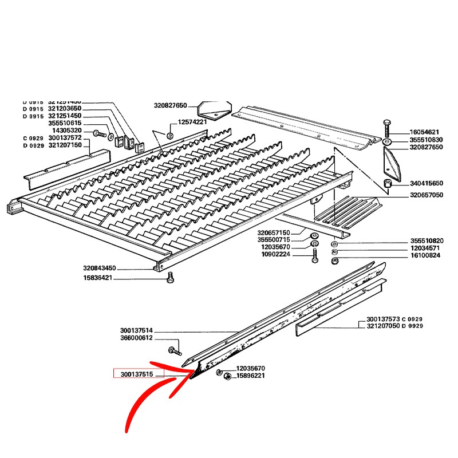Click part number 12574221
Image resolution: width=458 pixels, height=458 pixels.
tap(192, 122)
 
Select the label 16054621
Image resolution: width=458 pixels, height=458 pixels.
tap(424, 132)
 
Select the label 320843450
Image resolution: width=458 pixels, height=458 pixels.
tap(99, 268)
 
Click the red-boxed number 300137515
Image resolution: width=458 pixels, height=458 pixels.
tap(136, 375)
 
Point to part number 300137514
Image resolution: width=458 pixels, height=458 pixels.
tap(137, 331)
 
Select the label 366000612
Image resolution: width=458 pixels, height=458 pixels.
tap(137, 338)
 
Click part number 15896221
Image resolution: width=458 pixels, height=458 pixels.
tap(251, 376)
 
